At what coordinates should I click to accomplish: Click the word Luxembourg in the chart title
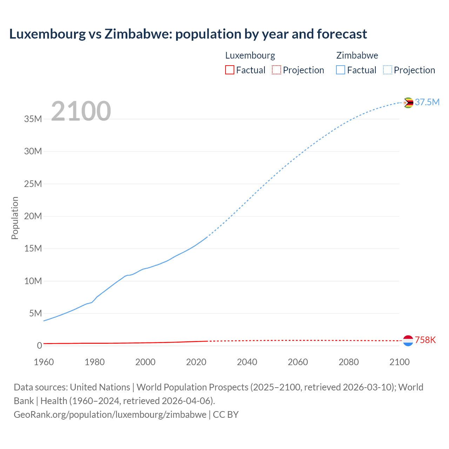coord(47,34)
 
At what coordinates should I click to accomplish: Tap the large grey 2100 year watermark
coord(81,111)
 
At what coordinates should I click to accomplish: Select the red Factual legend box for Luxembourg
coord(230,70)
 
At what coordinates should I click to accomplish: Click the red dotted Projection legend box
coord(276,70)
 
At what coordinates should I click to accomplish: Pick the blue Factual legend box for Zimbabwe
coord(341,70)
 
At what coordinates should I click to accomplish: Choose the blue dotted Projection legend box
coord(388,70)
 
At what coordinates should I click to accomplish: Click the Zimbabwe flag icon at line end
coord(408,103)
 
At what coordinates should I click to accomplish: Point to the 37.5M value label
coord(427,102)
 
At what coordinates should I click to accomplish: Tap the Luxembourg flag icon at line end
coord(408,340)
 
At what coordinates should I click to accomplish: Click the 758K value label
coord(425,340)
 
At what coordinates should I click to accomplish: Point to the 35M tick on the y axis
coord(33,119)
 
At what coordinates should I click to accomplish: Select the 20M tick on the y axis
coord(33,216)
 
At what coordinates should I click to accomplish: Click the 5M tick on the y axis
coord(35,313)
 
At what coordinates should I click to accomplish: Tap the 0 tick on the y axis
coord(39,346)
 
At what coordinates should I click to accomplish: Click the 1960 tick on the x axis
coord(44,362)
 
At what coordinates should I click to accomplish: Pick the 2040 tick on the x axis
coord(247,362)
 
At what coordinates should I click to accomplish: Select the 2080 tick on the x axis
coord(349,362)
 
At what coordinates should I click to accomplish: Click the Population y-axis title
coord(15,218)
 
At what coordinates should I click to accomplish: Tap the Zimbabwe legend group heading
coord(357,55)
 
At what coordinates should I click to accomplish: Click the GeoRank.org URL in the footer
coord(110,415)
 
